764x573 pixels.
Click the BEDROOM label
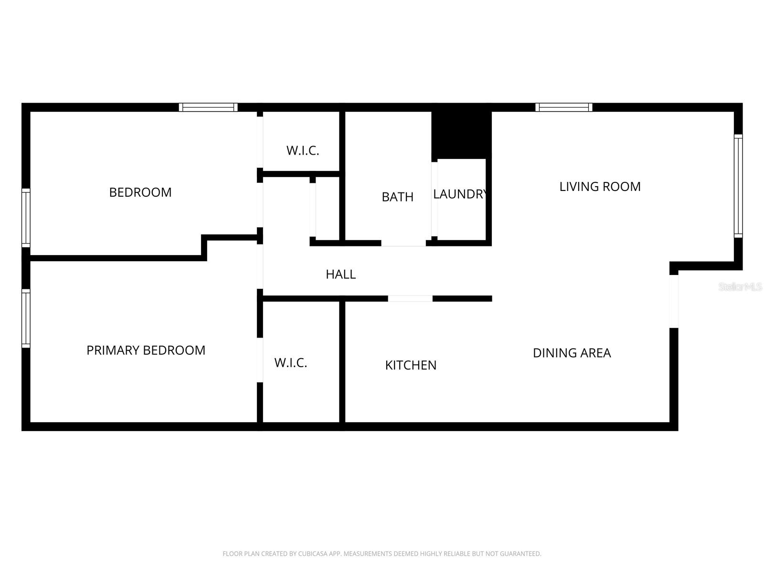[140, 192]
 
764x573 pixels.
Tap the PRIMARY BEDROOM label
[146, 350]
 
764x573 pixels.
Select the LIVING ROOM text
[600, 187]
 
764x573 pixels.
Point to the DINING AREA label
[572, 353]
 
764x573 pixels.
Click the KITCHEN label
[411, 365]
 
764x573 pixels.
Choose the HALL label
[340, 275]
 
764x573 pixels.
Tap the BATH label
[397, 197]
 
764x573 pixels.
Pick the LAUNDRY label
[460, 194]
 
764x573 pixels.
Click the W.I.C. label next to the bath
[302, 151]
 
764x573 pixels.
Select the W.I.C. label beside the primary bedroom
[290, 363]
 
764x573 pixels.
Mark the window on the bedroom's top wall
[208, 107]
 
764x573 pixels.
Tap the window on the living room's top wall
[563, 107]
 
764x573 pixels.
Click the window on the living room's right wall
[738, 186]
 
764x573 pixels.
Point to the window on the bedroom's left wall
[26, 218]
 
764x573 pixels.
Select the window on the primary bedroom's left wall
[26, 318]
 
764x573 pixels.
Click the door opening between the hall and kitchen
[410, 299]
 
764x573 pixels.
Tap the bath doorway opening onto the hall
[403, 244]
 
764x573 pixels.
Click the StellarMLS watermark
[740, 287]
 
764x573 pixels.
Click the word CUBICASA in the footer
[312, 554]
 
